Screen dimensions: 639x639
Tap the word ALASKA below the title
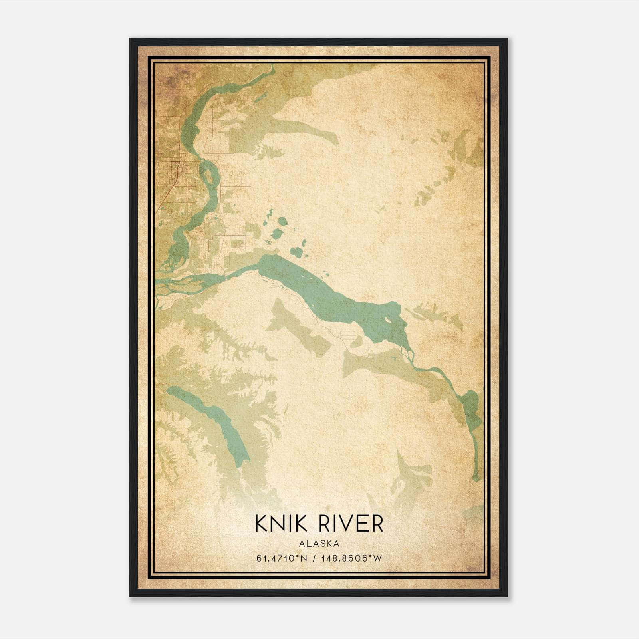point(319,544)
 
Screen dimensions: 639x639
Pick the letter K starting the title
point(262,524)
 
